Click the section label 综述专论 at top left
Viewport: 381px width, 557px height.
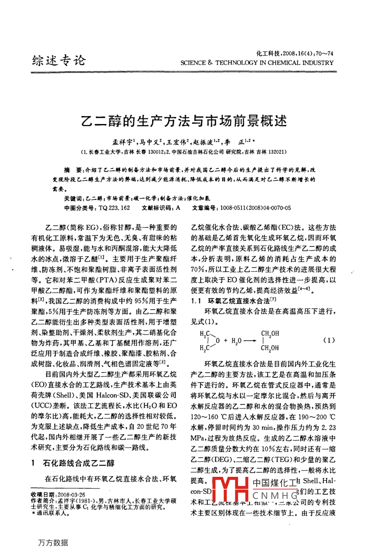tap(59, 61)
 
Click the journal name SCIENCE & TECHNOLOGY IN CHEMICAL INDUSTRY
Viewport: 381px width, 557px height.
tap(257, 63)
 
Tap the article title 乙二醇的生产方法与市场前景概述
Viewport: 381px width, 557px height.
tap(184, 122)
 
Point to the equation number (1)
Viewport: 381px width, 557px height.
tap(329, 340)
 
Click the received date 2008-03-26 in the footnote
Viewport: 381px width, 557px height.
tap(68, 494)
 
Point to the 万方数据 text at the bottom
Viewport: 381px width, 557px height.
tap(53, 543)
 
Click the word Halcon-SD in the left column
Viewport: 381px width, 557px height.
tap(114, 395)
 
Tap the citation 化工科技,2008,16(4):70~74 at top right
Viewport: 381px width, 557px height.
tap(295, 54)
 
